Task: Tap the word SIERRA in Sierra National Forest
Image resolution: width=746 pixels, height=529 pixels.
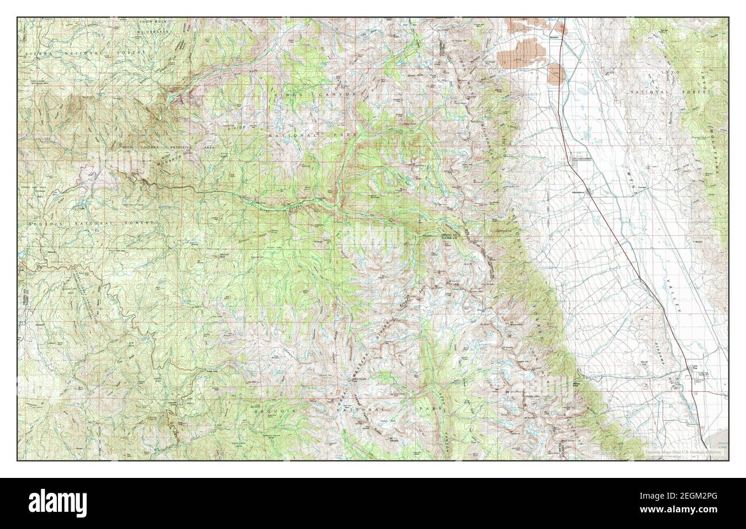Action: coord(39,52)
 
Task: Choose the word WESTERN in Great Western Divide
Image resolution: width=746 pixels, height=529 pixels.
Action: coord(360,359)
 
